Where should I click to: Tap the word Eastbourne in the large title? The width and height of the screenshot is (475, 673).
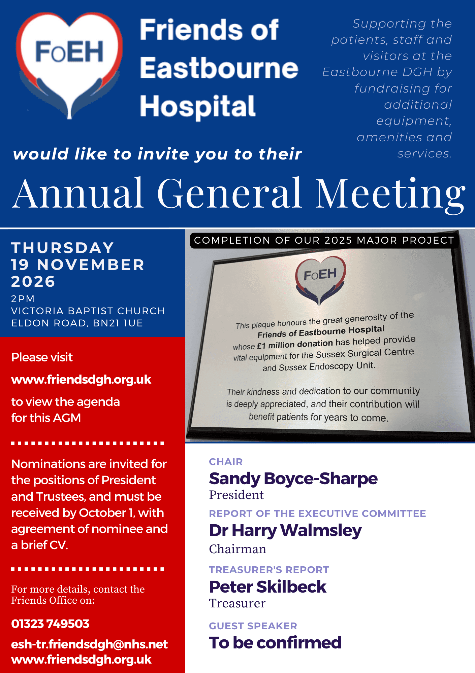pos(219,68)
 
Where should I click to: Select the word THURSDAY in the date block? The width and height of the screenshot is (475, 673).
pos(63,248)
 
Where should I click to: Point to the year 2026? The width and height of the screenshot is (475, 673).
pos(33,281)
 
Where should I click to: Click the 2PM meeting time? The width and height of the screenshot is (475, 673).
pos(23,299)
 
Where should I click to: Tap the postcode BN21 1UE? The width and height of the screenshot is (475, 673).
pos(118,323)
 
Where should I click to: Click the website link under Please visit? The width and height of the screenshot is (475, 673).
pos(81,380)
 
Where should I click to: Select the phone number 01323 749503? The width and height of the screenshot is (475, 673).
pos(50,624)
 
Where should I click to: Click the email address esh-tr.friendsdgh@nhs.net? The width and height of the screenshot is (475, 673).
pos(90,644)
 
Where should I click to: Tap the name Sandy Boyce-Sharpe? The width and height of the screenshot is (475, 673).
pos(293,479)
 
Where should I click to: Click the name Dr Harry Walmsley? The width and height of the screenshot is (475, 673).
pos(285,531)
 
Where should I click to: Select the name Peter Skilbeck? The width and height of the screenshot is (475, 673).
pos(267,587)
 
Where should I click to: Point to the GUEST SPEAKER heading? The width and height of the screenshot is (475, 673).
pos(253,626)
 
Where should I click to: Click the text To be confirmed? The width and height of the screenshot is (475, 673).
pos(275,642)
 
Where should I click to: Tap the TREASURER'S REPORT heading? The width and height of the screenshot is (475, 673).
pos(269,570)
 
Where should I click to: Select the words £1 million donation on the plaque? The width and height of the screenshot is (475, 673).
pos(295,345)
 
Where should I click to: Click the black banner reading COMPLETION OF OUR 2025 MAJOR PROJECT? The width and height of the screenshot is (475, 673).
pos(324,240)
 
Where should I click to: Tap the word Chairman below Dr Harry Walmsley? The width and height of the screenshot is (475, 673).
pos(237,549)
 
